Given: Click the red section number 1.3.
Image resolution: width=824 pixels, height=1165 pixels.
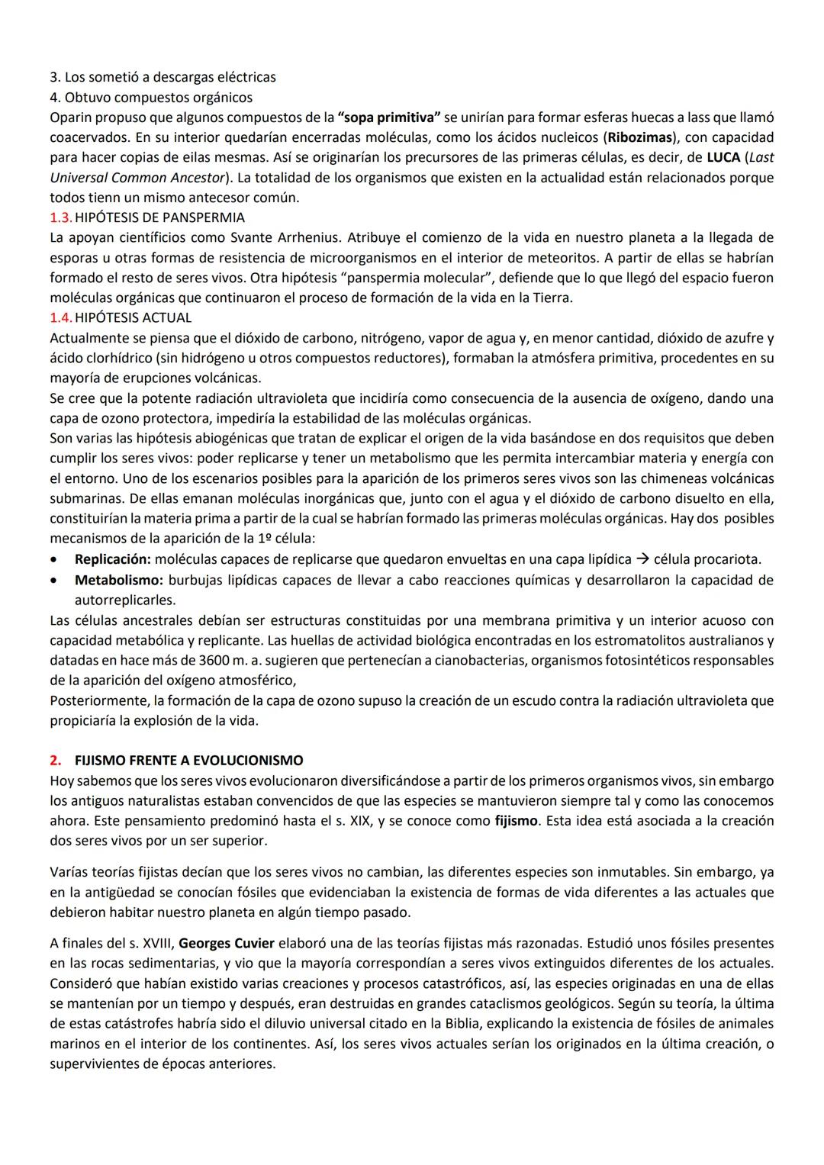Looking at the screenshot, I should [60, 217].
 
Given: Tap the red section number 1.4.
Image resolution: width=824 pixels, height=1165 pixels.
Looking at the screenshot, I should [60, 317].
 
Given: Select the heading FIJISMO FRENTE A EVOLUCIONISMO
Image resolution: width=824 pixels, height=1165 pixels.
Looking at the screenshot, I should [188, 761].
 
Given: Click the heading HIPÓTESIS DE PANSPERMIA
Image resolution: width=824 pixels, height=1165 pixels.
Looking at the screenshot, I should [159, 217].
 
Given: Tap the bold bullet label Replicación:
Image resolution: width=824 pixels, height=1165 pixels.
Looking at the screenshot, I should [112, 559].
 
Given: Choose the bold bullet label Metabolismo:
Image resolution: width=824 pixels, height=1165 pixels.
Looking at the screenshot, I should [117, 580].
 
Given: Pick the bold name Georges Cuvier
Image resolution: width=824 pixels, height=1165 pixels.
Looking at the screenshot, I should [226, 943].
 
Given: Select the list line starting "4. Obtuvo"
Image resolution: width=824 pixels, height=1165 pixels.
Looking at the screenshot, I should [151, 97].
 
